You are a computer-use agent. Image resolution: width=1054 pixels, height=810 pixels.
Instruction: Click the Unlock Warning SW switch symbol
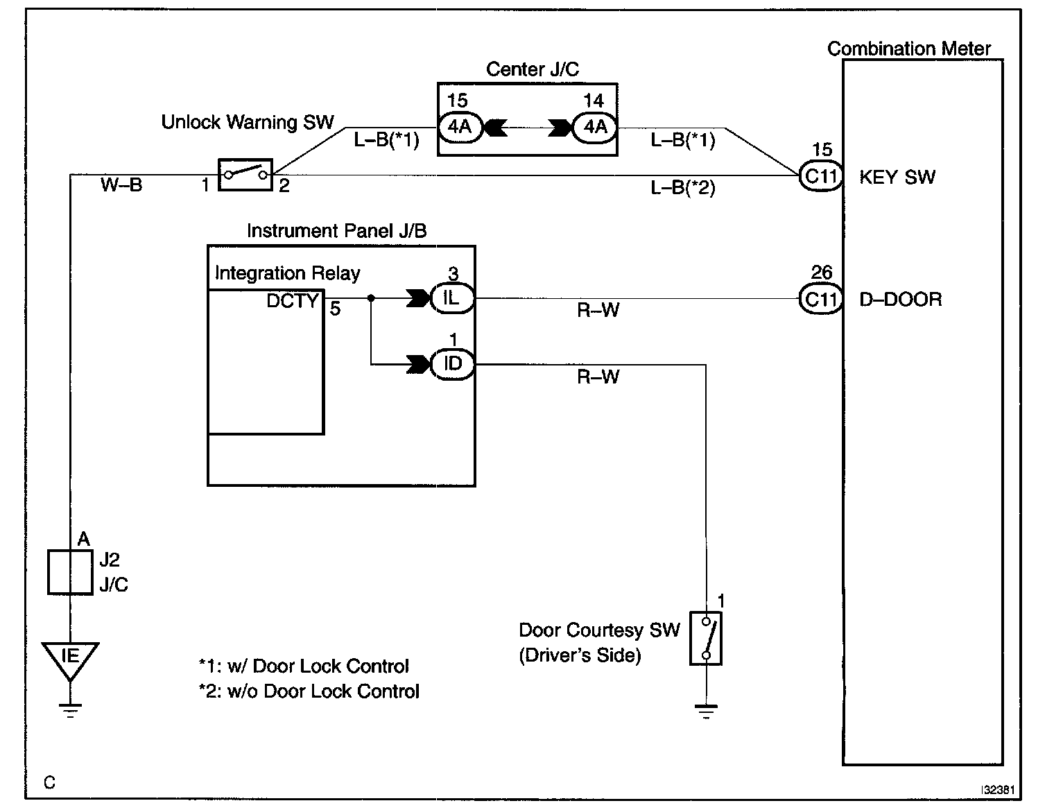coord(245,174)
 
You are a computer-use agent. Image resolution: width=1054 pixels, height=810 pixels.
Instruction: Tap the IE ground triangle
coord(70,657)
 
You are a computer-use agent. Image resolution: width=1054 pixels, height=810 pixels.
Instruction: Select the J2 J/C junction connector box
coord(70,572)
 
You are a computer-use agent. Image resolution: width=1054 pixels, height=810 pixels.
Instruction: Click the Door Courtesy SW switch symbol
coord(706,638)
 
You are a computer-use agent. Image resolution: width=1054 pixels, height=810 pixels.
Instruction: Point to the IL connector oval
coord(452,298)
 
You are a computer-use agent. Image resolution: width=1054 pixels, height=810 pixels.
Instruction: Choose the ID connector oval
coord(452,363)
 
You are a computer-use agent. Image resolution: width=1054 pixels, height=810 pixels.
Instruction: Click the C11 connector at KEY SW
coord(821,176)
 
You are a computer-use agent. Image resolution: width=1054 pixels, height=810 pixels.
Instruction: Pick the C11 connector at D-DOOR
coord(821,299)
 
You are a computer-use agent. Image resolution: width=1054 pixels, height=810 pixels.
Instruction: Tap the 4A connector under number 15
coord(459,128)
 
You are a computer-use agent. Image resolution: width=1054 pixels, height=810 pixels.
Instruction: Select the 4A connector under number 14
coord(594,128)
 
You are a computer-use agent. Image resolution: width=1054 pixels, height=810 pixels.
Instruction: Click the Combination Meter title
coord(908,49)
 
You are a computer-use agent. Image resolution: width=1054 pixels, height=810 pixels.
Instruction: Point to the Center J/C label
coord(532,69)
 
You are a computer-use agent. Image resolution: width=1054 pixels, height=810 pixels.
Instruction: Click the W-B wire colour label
coord(121,185)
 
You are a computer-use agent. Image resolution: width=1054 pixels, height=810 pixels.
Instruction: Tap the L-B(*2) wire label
coord(682,188)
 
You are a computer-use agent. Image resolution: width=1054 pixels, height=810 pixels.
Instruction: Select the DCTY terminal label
coord(292,301)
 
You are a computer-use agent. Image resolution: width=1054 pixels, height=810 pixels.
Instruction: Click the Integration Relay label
coord(287,273)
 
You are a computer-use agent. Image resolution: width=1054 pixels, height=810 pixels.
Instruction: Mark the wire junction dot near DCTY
coord(371,298)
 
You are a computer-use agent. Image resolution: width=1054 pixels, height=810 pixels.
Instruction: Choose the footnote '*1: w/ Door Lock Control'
coord(304,666)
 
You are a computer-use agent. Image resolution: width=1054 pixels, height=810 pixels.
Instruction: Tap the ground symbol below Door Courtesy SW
coord(706,711)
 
